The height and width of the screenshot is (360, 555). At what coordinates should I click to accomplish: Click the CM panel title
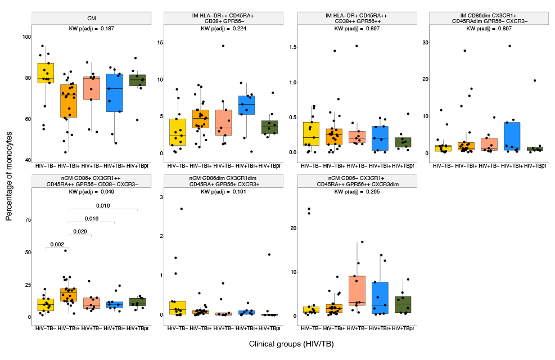pyautogui.click(x=91, y=18)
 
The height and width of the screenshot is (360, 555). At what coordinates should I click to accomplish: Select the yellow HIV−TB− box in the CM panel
pyautogui.click(x=46, y=73)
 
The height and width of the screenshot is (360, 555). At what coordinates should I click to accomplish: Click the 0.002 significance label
pyautogui.click(x=57, y=244)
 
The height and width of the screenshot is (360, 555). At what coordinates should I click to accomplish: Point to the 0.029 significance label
pyautogui.click(x=80, y=231)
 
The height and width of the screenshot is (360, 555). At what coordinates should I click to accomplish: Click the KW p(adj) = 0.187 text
pyautogui.click(x=91, y=28)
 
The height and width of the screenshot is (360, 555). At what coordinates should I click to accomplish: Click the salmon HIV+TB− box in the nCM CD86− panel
pyautogui.click(x=357, y=290)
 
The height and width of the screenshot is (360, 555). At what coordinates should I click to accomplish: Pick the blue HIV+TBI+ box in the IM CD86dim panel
pyautogui.click(x=512, y=137)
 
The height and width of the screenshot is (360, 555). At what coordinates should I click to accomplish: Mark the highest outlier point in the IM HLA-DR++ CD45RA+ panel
pyautogui.click(x=223, y=46)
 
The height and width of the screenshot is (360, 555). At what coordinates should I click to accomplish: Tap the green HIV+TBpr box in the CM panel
pyautogui.click(x=137, y=80)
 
